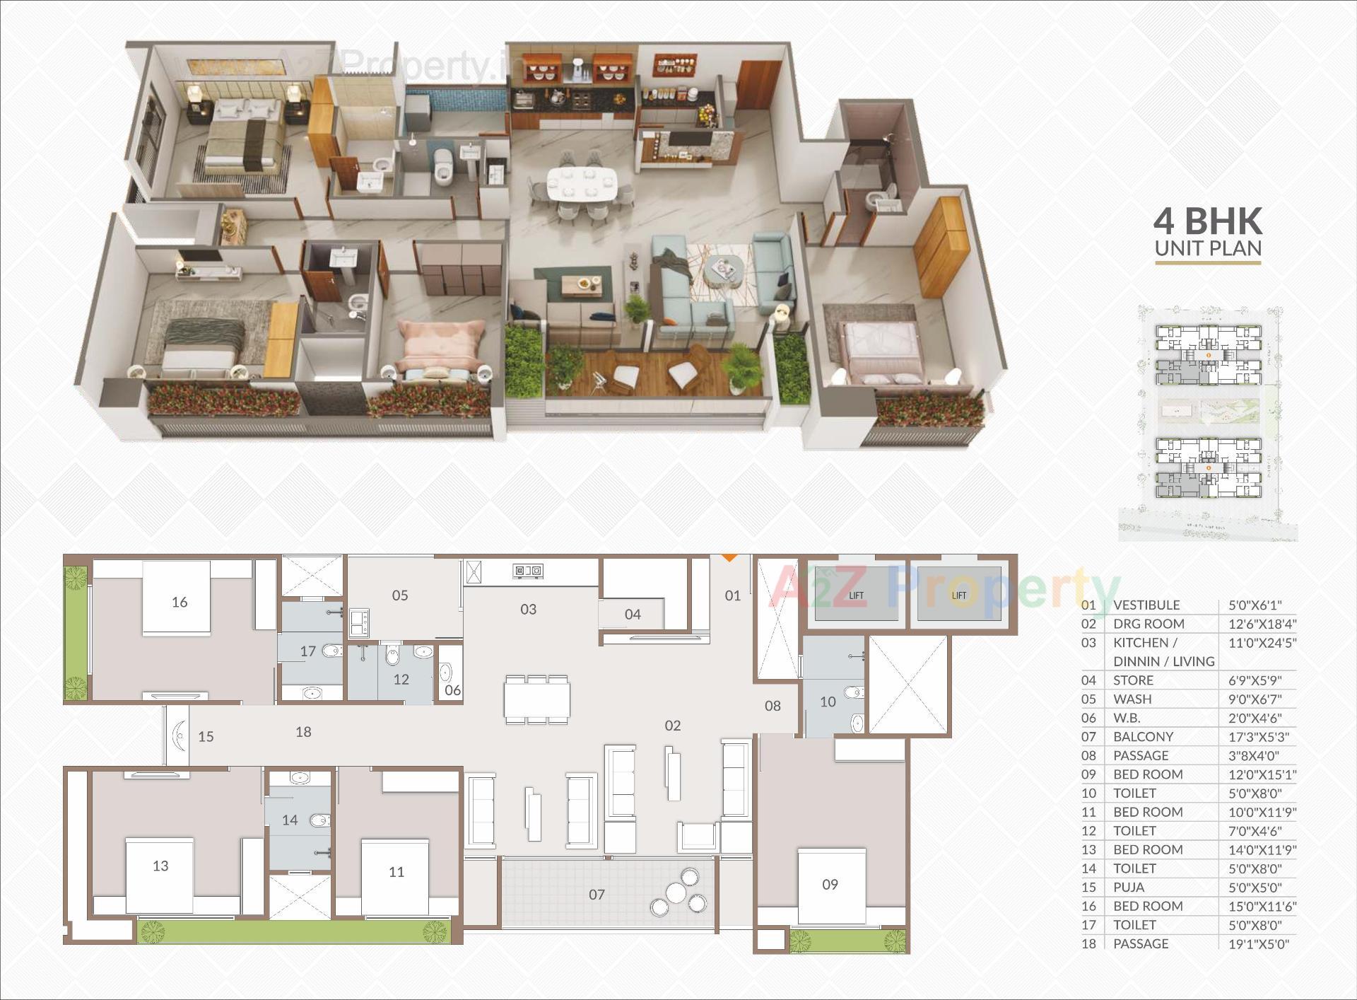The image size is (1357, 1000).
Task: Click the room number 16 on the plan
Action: pyautogui.click(x=180, y=602)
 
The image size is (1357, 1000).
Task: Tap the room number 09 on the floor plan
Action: pyautogui.click(x=830, y=884)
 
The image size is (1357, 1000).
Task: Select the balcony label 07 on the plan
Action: pyautogui.click(x=597, y=895)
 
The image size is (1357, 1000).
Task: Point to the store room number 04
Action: pyautogui.click(x=633, y=615)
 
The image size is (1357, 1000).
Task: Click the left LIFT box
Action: pyautogui.click(x=856, y=595)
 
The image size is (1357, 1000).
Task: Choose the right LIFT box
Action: pyautogui.click(x=959, y=595)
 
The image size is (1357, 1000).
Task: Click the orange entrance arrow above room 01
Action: pyautogui.click(x=729, y=558)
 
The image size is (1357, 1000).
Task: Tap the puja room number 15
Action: pyautogui.click(x=206, y=736)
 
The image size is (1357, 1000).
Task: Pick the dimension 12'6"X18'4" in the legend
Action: pyautogui.click(x=1262, y=624)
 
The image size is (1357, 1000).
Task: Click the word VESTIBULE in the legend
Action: pyautogui.click(x=1146, y=605)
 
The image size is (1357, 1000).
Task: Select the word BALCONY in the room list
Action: pyautogui.click(x=1143, y=736)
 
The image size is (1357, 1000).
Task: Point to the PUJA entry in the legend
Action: pyautogui.click(x=1129, y=887)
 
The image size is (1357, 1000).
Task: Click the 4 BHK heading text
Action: pyautogui.click(x=1208, y=221)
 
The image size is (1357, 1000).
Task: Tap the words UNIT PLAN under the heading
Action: pyautogui.click(x=1208, y=249)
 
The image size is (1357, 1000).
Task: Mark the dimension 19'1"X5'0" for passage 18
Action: pyautogui.click(x=1259, y=943)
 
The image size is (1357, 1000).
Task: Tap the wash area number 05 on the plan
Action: pyautogui.click(x=400, y=595)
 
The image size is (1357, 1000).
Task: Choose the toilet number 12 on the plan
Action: pyautogui.click(x=401, y=679)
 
